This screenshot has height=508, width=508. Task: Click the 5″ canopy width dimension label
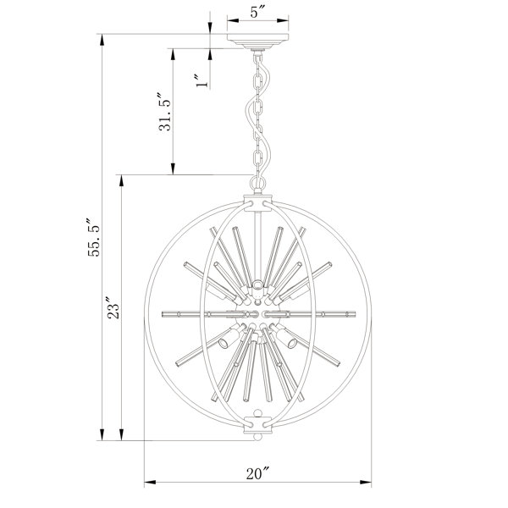point(258,13)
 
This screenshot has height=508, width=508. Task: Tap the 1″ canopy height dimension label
point(202,80)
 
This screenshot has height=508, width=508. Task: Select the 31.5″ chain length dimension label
point(164,112)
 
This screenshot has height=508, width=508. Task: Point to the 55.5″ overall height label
point(94,237)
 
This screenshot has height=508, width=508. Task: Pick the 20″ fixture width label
point(258,473)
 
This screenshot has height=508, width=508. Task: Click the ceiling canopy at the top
point(258,41)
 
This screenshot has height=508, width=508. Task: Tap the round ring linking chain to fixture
point(258,183)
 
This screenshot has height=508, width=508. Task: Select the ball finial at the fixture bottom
point(258,437)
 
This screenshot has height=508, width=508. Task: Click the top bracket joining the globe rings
point(258,203)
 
